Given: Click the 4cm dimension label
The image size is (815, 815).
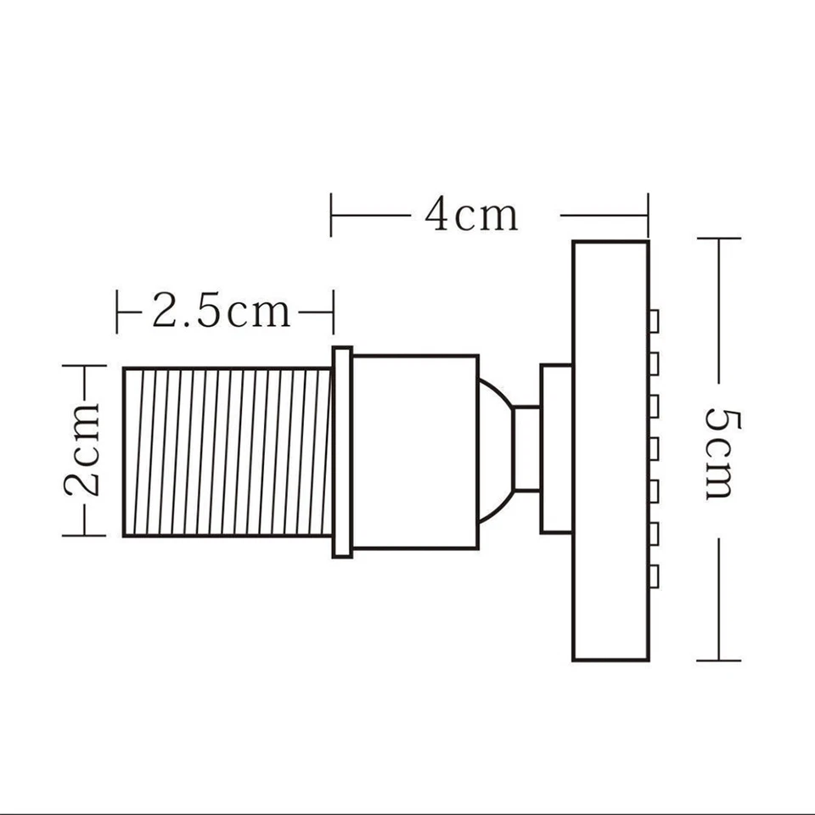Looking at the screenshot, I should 471,215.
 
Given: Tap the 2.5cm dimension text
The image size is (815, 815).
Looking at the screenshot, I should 221,312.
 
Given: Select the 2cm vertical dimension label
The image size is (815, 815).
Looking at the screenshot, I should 84,450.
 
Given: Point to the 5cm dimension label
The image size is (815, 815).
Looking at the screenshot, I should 719,452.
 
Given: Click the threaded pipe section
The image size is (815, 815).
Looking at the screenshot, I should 227,452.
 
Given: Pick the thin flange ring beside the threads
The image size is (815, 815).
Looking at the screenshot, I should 342,452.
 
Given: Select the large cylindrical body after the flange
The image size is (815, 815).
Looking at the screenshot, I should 415,452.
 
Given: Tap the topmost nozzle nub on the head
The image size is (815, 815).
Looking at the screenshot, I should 654,321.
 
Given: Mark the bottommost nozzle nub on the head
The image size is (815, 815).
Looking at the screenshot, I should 654,577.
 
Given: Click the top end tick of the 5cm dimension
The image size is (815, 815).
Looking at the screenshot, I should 719,239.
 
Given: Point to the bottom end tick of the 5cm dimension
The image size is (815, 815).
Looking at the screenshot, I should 719,660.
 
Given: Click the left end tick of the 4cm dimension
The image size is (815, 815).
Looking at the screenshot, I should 331,215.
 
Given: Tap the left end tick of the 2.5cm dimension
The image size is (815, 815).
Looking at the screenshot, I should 117,312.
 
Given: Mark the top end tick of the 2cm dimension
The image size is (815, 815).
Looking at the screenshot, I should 84,366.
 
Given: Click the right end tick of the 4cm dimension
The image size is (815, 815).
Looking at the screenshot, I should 648,215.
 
